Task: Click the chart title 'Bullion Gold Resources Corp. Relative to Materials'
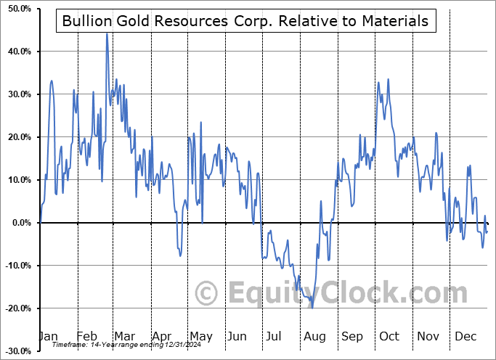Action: click(245, 21)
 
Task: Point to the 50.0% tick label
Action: click(16, 9)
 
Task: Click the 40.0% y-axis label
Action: click(16, 52)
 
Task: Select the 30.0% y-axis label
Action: click(16, 94)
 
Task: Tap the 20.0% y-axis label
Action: click(16, 137)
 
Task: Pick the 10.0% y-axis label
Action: click(16, 180)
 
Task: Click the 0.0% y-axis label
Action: click(18, 223)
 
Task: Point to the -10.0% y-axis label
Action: click(15, 266)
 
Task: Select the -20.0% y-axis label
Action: click(15, 308)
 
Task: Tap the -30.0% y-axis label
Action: click(15, 351)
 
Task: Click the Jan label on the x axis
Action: click(48, 336)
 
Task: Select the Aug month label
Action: click(314, 336)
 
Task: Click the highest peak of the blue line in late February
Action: click(107, 33)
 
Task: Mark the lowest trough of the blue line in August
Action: click(312, 308)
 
